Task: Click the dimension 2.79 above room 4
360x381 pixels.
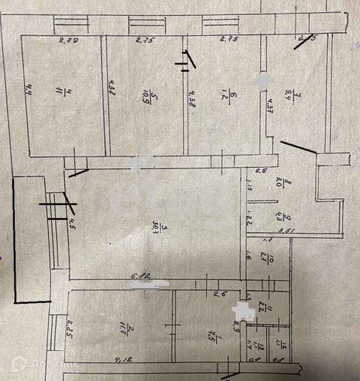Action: [x=69, y=41]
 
